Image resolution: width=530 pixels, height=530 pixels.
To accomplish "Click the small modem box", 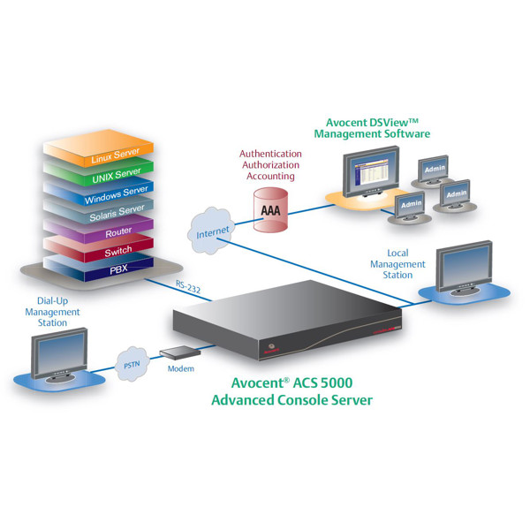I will point(175,353).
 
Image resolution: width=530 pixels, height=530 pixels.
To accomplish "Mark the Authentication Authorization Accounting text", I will point(270,164).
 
